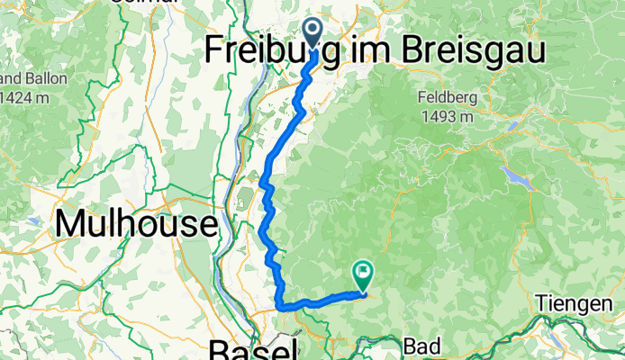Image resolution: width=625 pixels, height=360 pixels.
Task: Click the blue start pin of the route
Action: [313, 32]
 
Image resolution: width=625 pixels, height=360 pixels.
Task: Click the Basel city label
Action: [253, 349]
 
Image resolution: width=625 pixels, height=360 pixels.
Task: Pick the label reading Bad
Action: [421, 346]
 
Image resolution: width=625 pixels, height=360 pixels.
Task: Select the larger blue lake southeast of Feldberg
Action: [511, 174]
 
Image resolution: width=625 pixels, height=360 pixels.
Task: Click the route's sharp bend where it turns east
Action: [282, 306]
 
